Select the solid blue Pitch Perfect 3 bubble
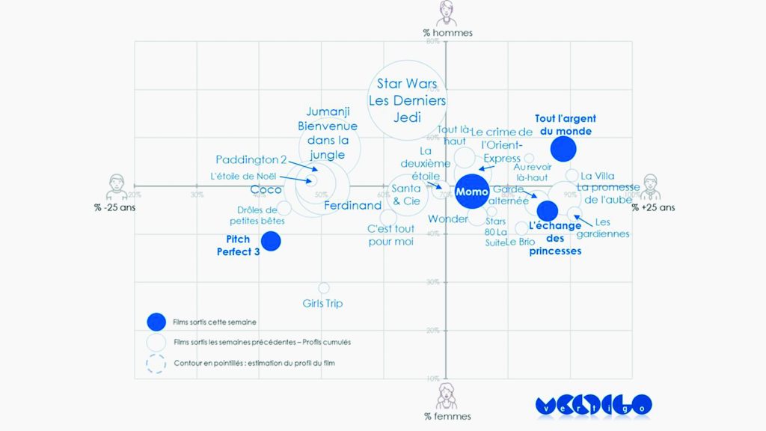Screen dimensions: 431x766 (270, 241)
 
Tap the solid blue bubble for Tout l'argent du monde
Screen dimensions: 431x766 (563, 149)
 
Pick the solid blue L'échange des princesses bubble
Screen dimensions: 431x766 (548, 211)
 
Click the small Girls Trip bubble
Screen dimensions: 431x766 (324, 288)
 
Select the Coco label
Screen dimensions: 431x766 (266, 189)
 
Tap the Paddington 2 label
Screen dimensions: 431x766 (251, 159)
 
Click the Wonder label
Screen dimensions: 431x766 (447, 219)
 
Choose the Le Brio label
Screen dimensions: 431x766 (520, 242)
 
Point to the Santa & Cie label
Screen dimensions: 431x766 (406, 195)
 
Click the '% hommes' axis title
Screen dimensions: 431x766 (447, 33)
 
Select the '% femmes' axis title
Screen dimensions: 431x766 (447, 416)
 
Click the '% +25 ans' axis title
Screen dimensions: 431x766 (653, 207)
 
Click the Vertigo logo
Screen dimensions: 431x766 (593, 405)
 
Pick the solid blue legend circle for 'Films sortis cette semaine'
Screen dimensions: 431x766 (156, 322)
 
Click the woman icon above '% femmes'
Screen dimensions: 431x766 (447, 394)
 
